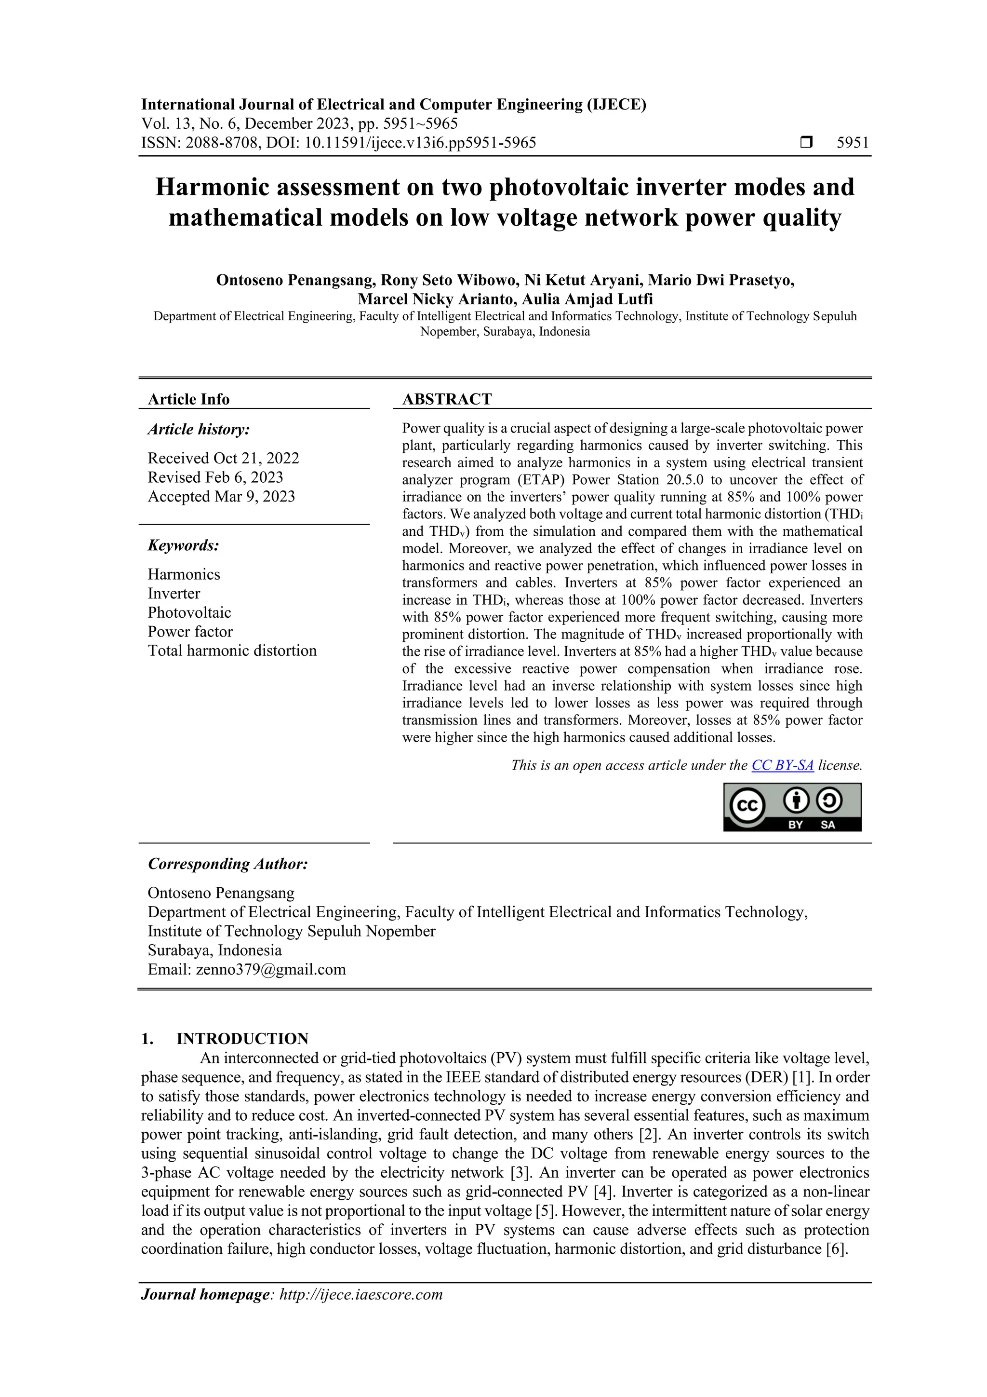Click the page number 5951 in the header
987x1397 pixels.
853,143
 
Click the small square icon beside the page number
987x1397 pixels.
806,143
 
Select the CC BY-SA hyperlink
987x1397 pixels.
782,765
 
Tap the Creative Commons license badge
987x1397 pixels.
792,807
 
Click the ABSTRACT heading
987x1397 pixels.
446,399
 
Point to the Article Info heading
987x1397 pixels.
188,399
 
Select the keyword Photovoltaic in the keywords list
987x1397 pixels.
189,612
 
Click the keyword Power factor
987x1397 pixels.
190,632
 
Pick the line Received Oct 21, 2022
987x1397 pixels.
223,458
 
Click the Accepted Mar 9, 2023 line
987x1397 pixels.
221,497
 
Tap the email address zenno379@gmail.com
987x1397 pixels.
271,969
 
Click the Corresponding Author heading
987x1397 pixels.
227,864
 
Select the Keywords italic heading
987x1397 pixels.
183,545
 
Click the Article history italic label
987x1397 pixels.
198,430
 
